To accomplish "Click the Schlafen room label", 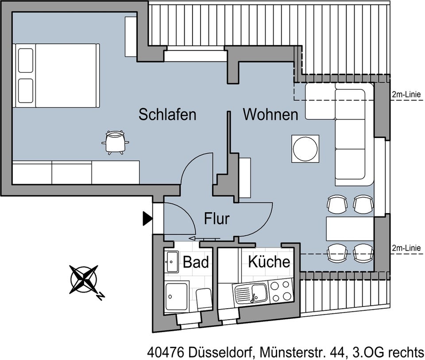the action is [167, 115].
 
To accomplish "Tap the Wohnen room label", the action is [270, 115].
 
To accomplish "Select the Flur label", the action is [216, 218].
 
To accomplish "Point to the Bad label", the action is [196, 262].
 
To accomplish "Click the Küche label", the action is [269, 261].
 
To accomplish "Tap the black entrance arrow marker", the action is [147, 218].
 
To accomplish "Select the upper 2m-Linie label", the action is [406, 95].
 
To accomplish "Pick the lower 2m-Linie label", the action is [406, 248].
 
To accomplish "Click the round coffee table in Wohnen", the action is [305, 149].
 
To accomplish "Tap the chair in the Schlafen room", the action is [116, 142].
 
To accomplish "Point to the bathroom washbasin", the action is [172, 262].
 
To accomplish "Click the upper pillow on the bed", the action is [26, 60].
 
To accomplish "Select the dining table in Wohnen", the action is [350, 229].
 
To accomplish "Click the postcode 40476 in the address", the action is [166, 352].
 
